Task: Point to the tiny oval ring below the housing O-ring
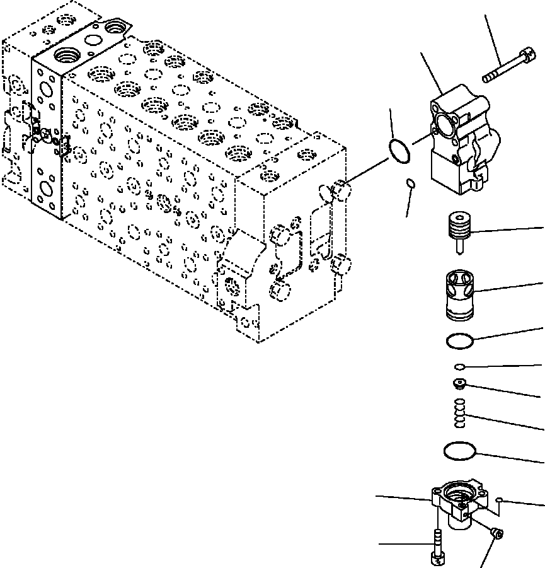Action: (410, 183)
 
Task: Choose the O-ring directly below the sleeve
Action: (459, 340)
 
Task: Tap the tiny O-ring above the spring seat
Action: (460, 367)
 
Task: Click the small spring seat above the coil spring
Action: (460, 383)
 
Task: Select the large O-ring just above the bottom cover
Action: (461, 451)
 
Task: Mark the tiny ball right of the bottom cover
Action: (499, 501)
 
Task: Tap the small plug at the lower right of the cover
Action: (497, 535)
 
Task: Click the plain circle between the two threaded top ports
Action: (92, 41)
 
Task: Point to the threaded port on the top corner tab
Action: (116, 27)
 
